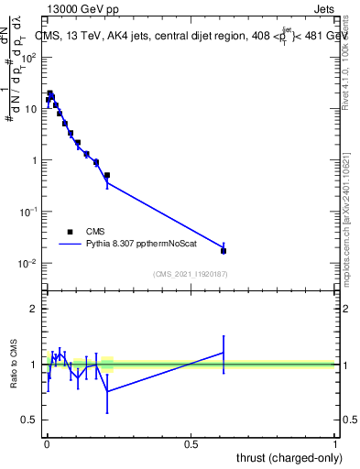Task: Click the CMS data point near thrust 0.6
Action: (224, 250)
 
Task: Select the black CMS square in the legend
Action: (70, 232)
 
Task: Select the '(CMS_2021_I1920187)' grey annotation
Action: (191, 273)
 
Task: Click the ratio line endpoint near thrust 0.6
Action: (224, 353)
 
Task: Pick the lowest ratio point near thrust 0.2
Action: (107, 391)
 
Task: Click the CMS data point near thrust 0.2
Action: (107, 175)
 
